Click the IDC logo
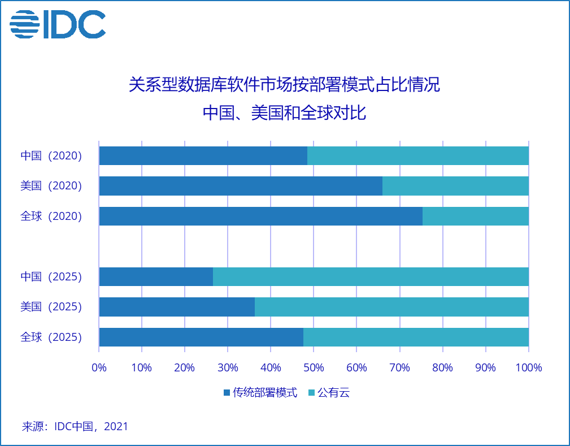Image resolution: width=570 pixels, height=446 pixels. (58, 24)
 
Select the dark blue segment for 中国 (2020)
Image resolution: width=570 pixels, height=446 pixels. (203, 155)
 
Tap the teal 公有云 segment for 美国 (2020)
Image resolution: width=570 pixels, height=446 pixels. (455, 186)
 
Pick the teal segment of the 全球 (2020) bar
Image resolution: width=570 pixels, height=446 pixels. (475, 216)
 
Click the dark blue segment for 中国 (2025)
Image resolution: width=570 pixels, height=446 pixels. (156, 276)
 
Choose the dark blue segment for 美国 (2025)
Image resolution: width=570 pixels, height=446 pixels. (177, 307)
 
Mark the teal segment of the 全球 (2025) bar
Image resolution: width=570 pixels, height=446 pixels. (416, 337)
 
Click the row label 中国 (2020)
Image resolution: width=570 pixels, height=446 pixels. (51, 155)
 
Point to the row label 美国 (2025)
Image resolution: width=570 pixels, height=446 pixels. (51, 307)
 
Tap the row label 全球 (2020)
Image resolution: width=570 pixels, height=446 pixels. (51, 216)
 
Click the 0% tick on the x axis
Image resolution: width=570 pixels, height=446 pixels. (99, 367)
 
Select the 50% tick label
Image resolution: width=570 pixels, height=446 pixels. (314, 367)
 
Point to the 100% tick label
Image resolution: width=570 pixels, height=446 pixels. (528, 367)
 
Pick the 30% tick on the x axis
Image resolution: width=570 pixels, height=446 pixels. (228, 367)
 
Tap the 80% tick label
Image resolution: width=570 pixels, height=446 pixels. (442, 367)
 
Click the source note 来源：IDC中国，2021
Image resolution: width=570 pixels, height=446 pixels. (75, 426)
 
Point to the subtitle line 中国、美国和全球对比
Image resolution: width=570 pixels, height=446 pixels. (285, 113)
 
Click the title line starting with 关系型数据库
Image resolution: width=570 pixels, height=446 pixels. (285, 86)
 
